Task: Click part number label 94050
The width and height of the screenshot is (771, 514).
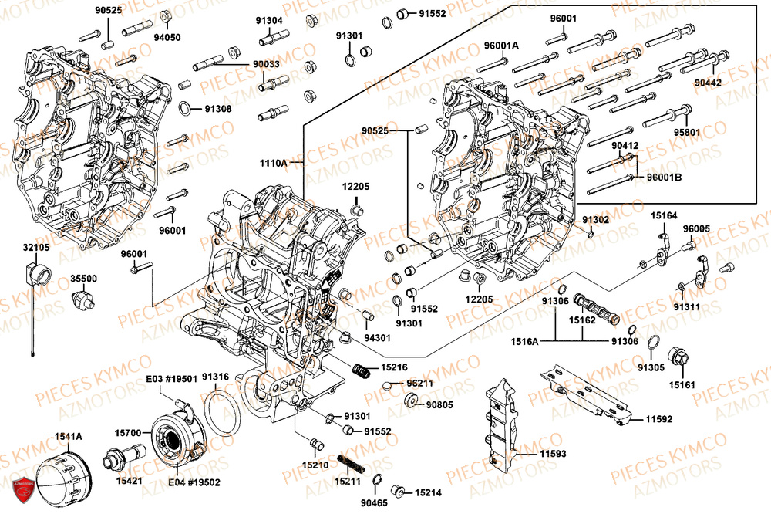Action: (167, 36)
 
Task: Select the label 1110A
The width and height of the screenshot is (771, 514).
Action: (273, 164)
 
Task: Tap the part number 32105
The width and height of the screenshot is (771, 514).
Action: (36, 247)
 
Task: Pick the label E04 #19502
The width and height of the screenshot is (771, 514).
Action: (194, 482)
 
